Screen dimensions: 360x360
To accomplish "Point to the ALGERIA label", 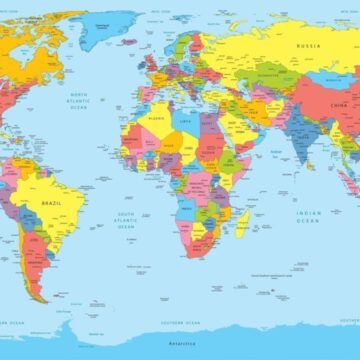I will pyautogui.click(x=155, y=118).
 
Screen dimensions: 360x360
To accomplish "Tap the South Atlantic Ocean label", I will pyautogui.click(x=125, y=219).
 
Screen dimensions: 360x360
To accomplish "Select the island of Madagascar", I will pyautogui.click(x=242, y=224).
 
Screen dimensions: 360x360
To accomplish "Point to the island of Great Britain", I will pyautogui.click(x=149, y=62).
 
